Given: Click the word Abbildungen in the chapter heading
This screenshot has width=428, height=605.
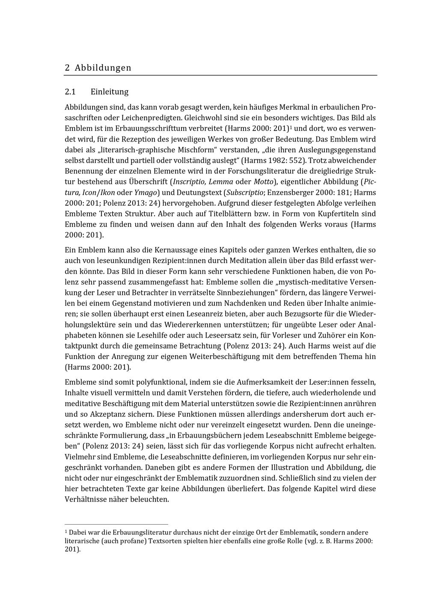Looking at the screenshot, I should (103, 68).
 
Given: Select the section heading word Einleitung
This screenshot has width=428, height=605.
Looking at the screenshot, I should (109, 92).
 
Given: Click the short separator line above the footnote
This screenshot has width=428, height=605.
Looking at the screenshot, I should (116, 524).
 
